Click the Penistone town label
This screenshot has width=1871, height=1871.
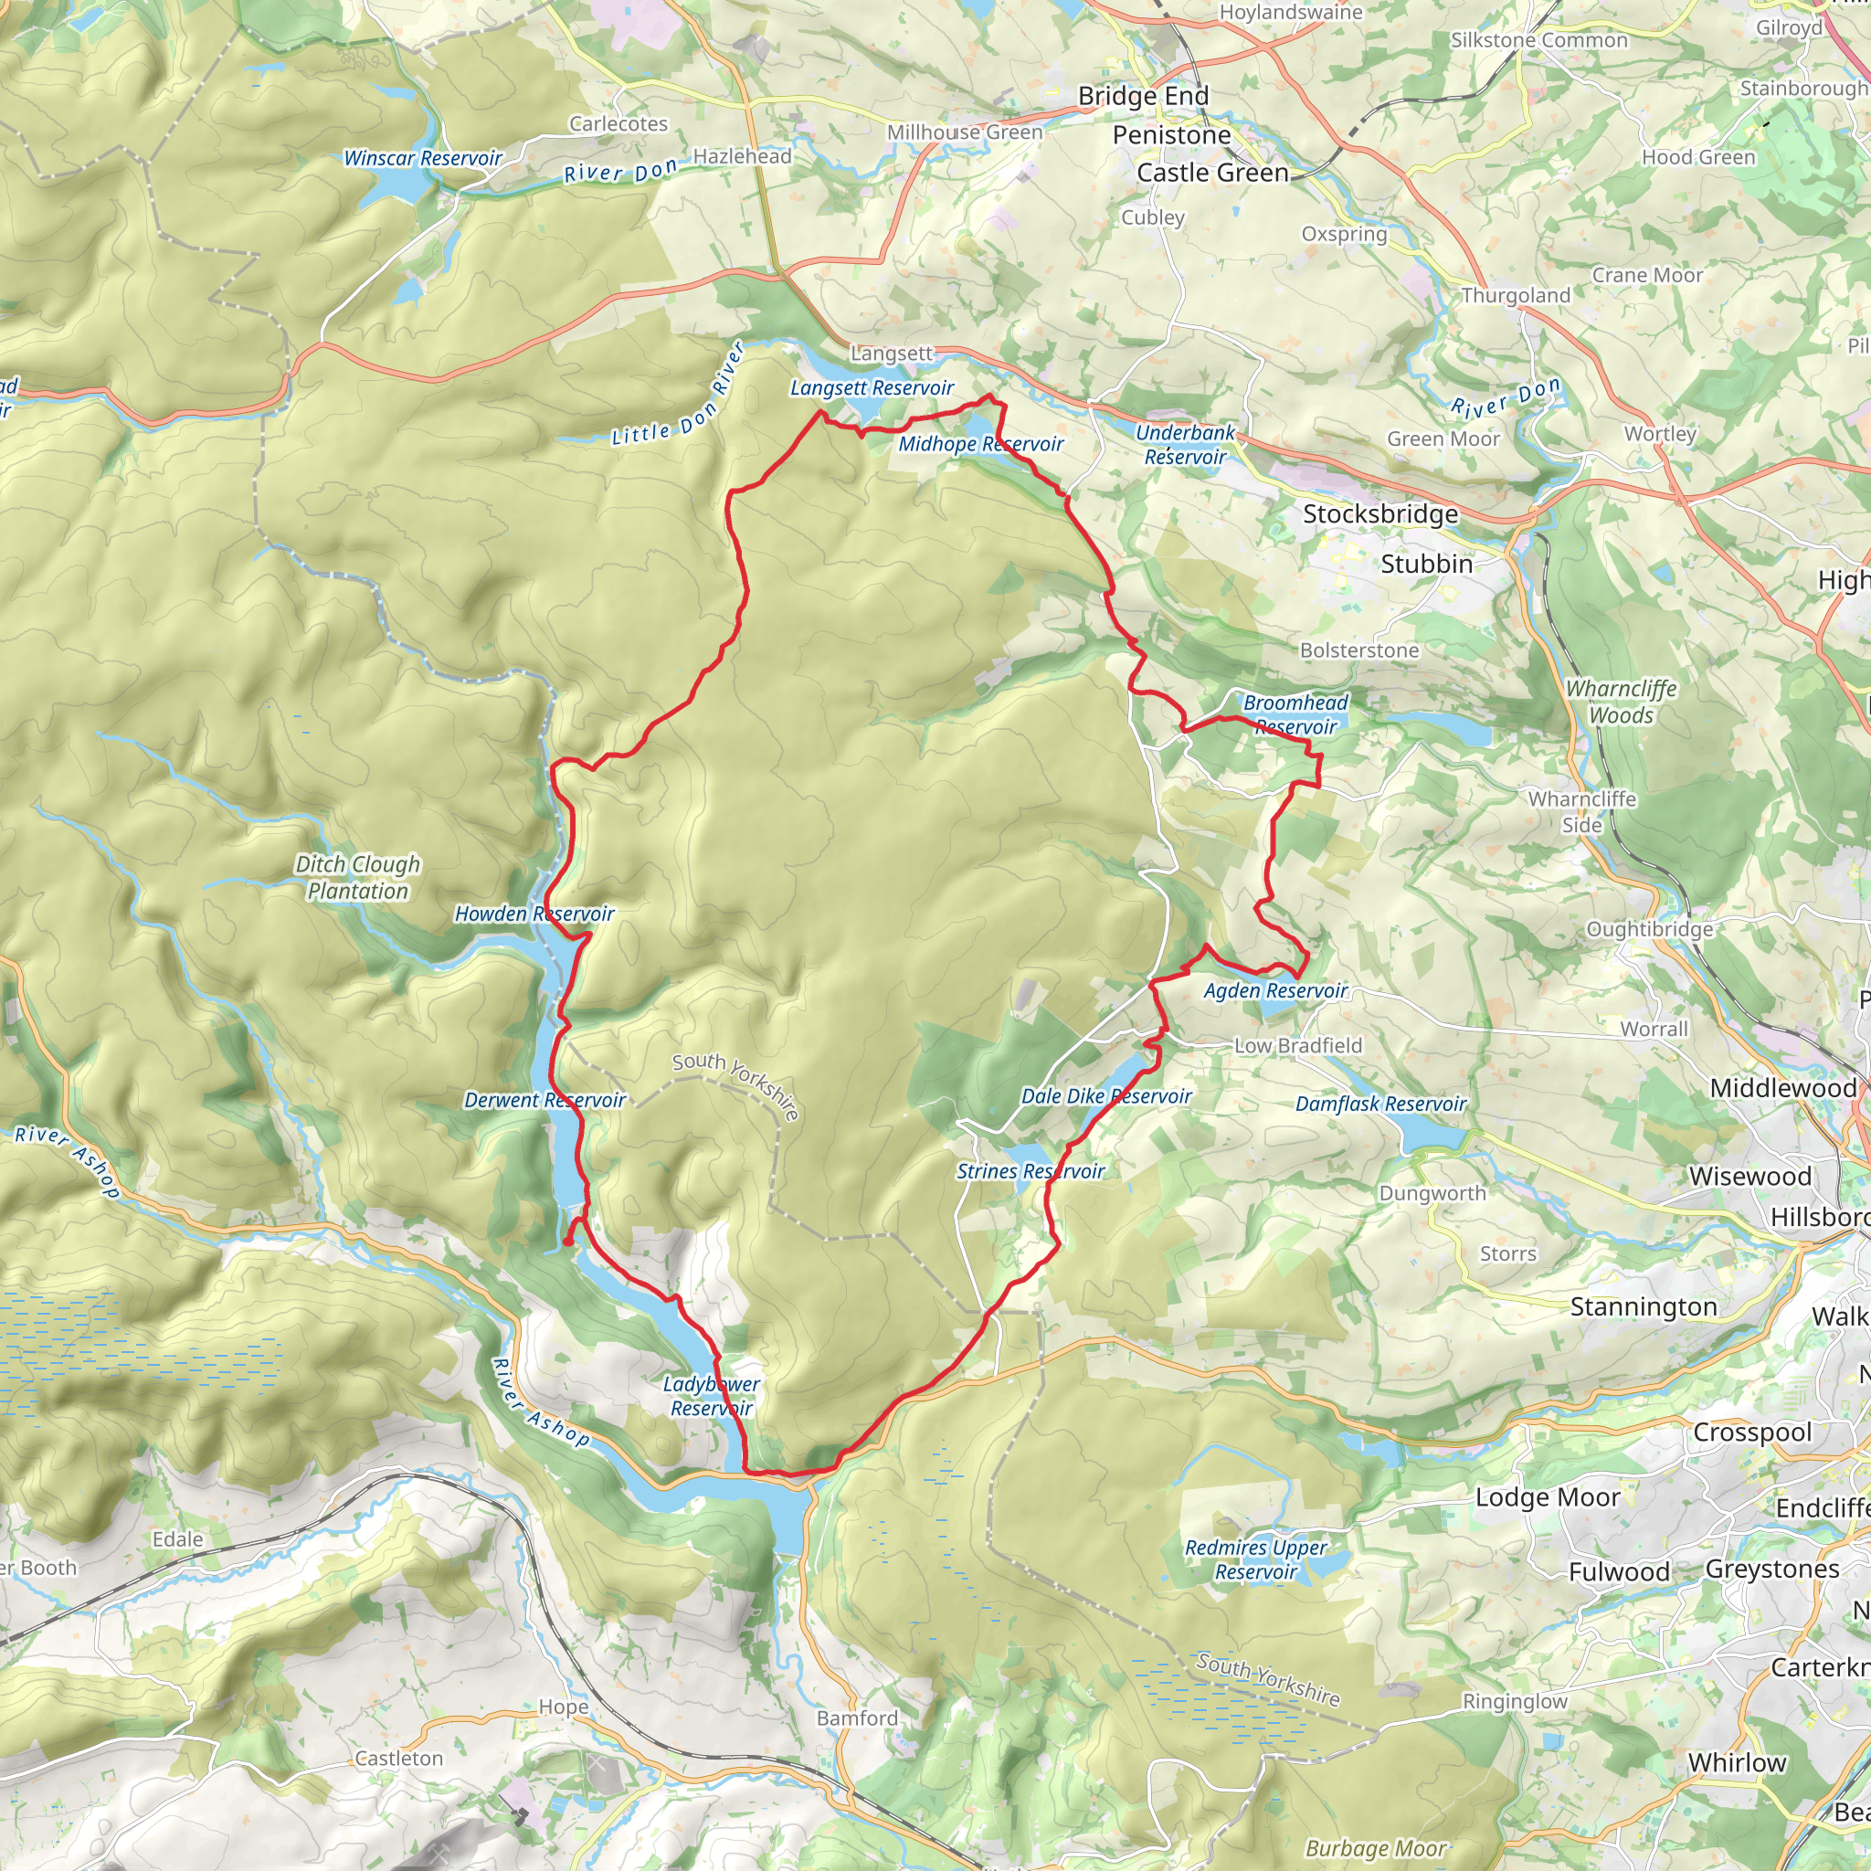click(1171, 134)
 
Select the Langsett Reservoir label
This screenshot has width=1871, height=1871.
click(872, 388)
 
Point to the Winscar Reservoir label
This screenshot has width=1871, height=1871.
click(422, 158)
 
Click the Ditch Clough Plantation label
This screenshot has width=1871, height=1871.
click(357, 877)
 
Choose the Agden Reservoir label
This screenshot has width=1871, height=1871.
click(1274, 990)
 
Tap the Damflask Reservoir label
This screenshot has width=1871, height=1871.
click(1380, 1104)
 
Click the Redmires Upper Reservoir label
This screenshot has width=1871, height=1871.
click(1255, 1559)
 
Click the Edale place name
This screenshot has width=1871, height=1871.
click(178, 1538)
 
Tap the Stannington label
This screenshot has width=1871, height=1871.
click(1643, 1307)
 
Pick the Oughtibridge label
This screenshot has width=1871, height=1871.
click(1649, 930)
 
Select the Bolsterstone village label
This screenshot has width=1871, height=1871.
click(1358, 650)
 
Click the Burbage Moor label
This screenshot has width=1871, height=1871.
click(1375, 1849)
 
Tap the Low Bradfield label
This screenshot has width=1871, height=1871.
click(1296, 1046)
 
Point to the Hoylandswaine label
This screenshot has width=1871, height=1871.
click(1290, 13)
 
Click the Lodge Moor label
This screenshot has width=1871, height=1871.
click(1547, 1497)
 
